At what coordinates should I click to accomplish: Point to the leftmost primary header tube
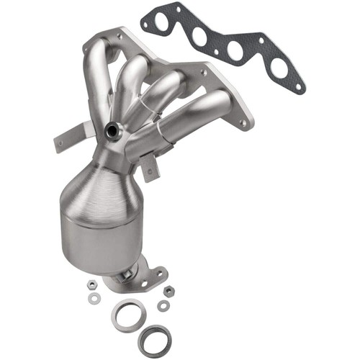(99, 79)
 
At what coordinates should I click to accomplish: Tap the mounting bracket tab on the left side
(68, 137)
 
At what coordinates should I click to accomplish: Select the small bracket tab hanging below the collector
(150, 170)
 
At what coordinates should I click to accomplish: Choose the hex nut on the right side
(168, 292)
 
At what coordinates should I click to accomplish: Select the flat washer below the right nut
(164, 305)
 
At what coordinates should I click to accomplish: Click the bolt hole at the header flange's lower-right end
(243, 122)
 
